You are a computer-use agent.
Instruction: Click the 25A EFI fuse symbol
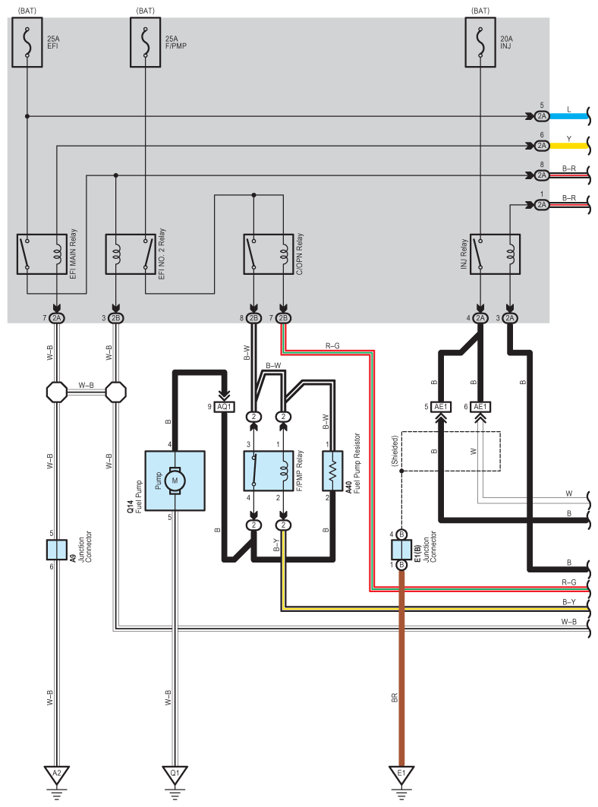pyautogui.click(x=27, y=43)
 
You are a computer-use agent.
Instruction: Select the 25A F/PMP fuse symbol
pyautogui.click(x=145, y=43)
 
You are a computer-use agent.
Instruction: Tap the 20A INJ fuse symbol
pyautogui.click(x=483, y=43)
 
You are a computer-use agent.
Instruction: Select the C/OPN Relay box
pyautogui.click(x=268, y=254)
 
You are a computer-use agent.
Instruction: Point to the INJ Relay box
pyautogui.click(x=495, y=254)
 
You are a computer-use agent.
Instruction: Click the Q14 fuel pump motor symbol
pyautogui.click(x=175, y=481)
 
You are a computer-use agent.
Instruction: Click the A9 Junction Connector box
pyautogui.click(x=57, y=548)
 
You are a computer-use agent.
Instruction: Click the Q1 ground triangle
pyautogui.click(x=175, y=774)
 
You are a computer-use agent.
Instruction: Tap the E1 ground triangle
pyautogui.click(x=401, y=774)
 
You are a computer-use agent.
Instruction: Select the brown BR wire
pyautogui.click(x=401, y=668)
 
